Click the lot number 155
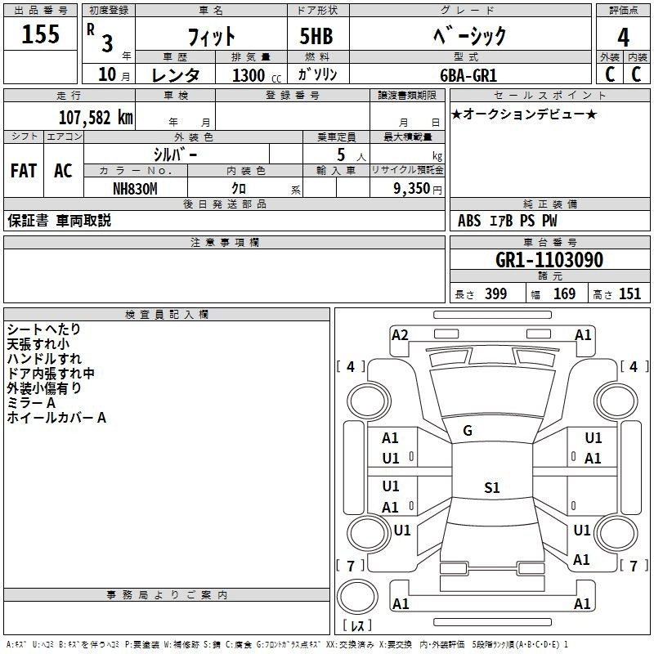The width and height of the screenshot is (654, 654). coord(40,34)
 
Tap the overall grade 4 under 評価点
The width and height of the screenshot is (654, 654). coord(623,38)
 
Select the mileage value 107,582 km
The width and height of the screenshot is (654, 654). coord(96,118)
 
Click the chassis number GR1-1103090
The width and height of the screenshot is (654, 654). coord(549,260)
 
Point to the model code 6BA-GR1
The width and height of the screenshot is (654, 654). coord(468,75)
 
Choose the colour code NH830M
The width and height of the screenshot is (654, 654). coord(135,189)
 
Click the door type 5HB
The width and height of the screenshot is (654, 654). coord(316,36)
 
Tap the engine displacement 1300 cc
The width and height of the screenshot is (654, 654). coord(257,75)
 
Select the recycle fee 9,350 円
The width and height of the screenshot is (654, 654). coord(418,189)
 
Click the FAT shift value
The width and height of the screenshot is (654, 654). coord(24,171)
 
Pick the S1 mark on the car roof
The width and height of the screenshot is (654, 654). coord(492,487)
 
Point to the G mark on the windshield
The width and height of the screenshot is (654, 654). coord(468,431)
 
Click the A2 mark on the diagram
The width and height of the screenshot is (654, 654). coord(400,335)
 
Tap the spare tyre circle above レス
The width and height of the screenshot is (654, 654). coord(357,596)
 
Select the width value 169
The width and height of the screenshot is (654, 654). coord(564,293)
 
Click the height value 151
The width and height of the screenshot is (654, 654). coord(629,293)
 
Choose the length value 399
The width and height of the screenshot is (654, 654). coord(496,293)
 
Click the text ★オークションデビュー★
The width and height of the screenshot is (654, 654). coord(524,114)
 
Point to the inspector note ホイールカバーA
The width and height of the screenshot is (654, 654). coord(56,418)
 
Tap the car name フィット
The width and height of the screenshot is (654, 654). coord(212,37)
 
